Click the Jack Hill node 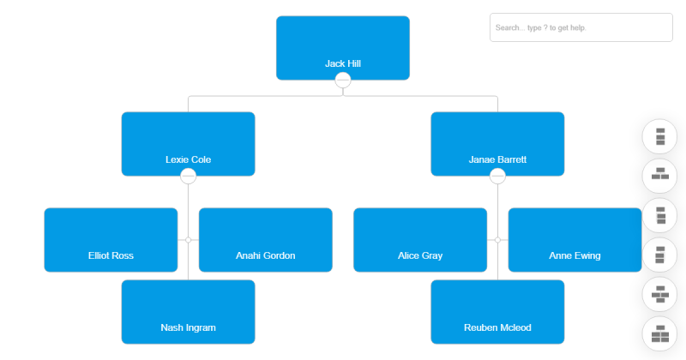coord(342,48)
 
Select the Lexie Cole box coord(188,144)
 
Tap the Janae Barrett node coord(497,144)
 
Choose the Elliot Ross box coord(111,240)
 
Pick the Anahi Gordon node coord(265,240)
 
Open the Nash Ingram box coord(188,312)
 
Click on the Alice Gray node coord(420,240)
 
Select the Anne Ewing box coord(575,240)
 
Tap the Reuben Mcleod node coord(497,312)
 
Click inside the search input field coord(581,27)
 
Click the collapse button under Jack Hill coord(343,81)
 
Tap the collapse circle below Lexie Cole coord(189,177)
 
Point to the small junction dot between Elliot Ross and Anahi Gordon coord(189,240)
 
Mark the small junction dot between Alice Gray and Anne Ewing coord(497,240)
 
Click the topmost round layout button coord(659,136)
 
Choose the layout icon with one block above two coord(659,176)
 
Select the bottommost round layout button coord(659,333)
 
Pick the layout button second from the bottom coord(659,294)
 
